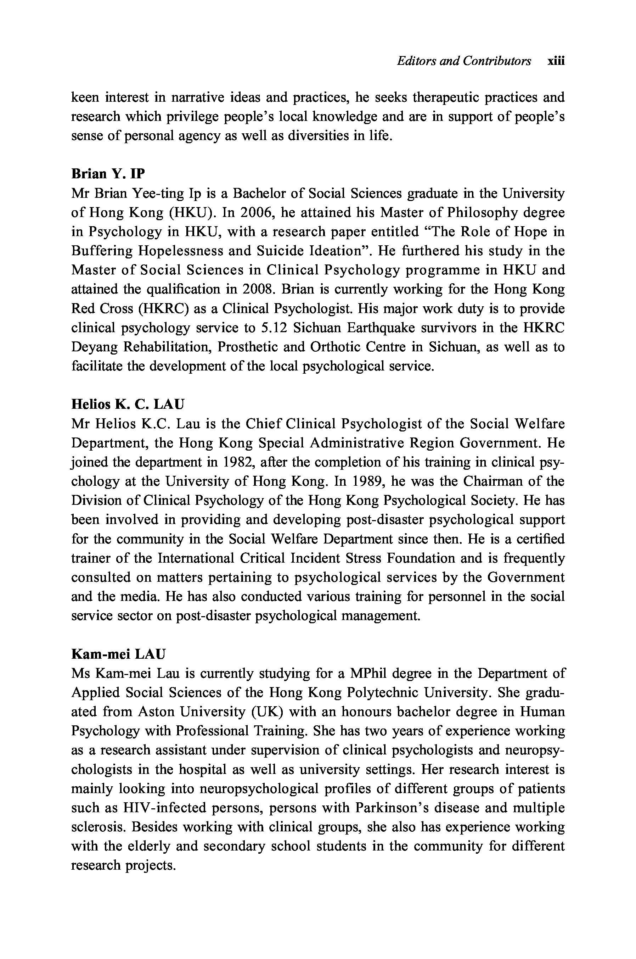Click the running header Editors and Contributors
click(x=463, y=61)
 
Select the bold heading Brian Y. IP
click(x=108, y=174)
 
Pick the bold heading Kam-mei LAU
click(x=118, y=654)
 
